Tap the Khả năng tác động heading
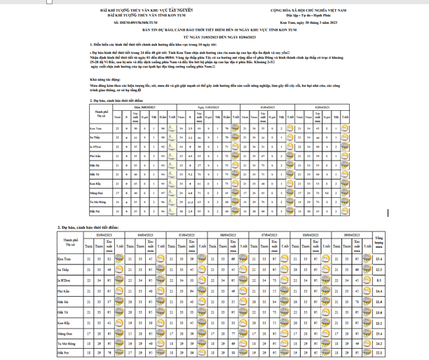[x=104, y=80]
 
